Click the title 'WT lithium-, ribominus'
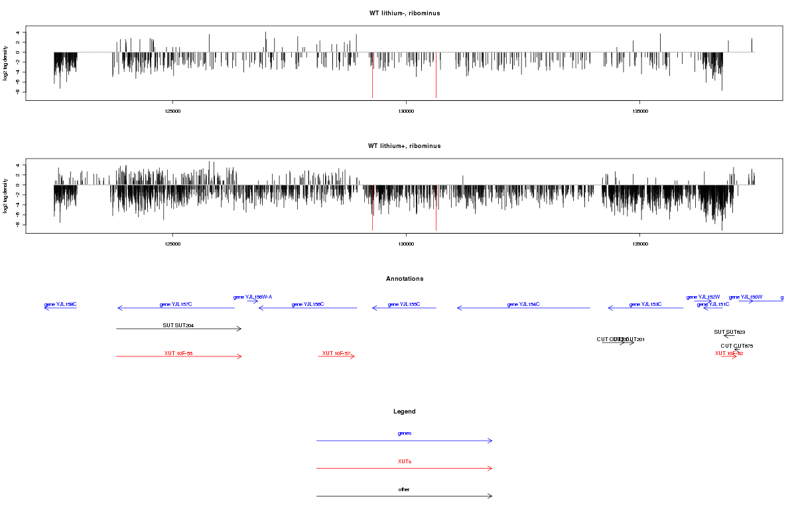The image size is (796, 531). [x=405, y=13]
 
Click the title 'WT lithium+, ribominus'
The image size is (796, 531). [x=405, y=146]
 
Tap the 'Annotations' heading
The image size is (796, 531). [x=405, y=279]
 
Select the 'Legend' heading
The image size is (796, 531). [x=405, y=412]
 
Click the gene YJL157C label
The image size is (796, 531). [x=176, y=305]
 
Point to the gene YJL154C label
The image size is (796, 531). [x=523, y=305]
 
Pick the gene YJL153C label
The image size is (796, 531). [x=645, y=305]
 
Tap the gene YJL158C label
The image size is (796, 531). [x=60, y=305]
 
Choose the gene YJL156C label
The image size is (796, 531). [x=308, y=305]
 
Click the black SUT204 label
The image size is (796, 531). [x=178, y=326]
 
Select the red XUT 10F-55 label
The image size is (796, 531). [x=178, y=353]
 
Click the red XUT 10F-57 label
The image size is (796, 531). [x=336, y=353]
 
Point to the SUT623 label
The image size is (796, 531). [x=730, y=332]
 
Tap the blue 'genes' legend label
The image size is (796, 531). [x=405, y=433]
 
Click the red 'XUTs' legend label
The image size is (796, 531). [x=405, y=461]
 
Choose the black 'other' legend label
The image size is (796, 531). [x=405, y=490]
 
